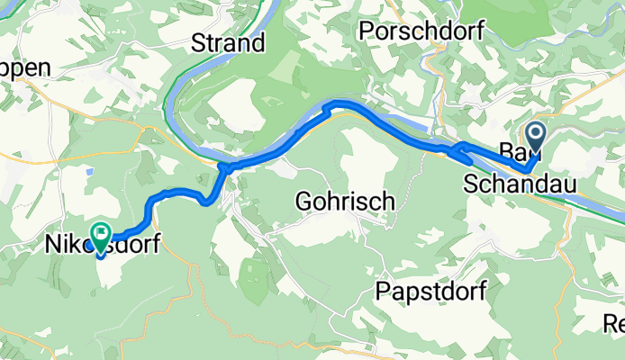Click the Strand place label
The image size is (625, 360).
point(228,42)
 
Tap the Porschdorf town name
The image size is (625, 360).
point(422,31)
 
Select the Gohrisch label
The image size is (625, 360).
point(345,202)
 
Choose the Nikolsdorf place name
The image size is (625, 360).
point(101,243)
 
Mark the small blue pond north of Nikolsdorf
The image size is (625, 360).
point(87,168)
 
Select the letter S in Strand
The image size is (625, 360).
point(197,42)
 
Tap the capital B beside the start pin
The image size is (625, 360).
point(506,151)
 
